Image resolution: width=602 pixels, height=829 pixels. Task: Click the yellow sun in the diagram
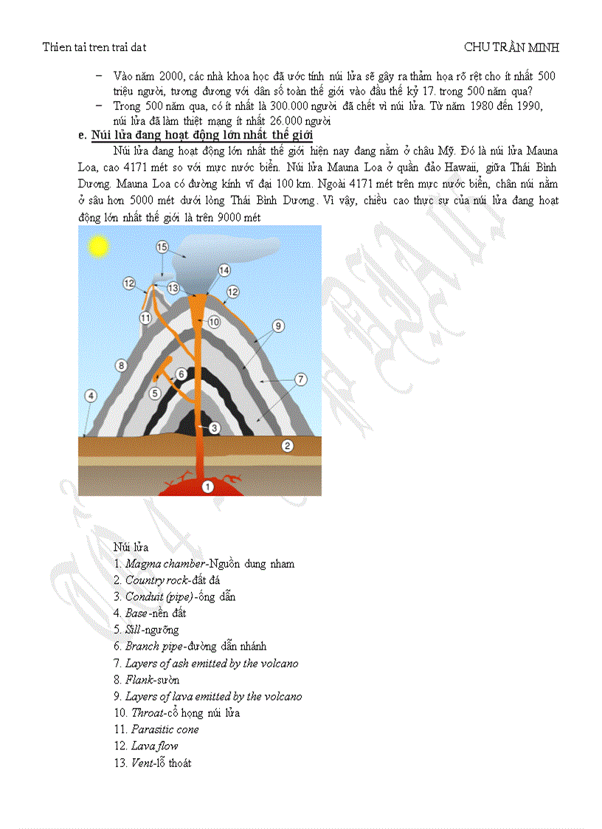pyautogui.click(x=97, y=246)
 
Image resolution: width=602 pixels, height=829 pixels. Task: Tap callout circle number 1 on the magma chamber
pyautogui.click(x=207, y=486)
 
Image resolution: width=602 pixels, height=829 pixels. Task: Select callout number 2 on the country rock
pyautogui.click(x=288, y=445)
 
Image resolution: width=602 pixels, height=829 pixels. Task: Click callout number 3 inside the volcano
pyautogui.click(x=214, y=427)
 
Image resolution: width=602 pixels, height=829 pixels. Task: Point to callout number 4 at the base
pyautogui.click(x=91, y=396)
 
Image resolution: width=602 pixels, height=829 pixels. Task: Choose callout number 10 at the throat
pyautogui.click(x=214, y=322)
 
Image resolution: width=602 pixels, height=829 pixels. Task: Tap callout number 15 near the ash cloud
pyautogui.click(x=162, y=247)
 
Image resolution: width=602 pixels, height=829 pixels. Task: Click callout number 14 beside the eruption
pyautogui.click(x=223, y=270)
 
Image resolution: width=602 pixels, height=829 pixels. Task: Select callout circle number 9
pyautogui.click(x=278, y=326)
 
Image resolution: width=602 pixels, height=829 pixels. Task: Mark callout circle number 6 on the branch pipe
pyautogui.click(x=181, y=374)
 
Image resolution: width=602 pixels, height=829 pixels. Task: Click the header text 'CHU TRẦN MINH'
pyautogui.click(x=511, y=47)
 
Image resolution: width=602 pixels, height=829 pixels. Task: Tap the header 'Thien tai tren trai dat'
pyautogui.click(x=94, y=47)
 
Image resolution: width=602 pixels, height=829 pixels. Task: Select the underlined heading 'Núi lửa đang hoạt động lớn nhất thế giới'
pyautogui.click(x=201, y=136)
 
